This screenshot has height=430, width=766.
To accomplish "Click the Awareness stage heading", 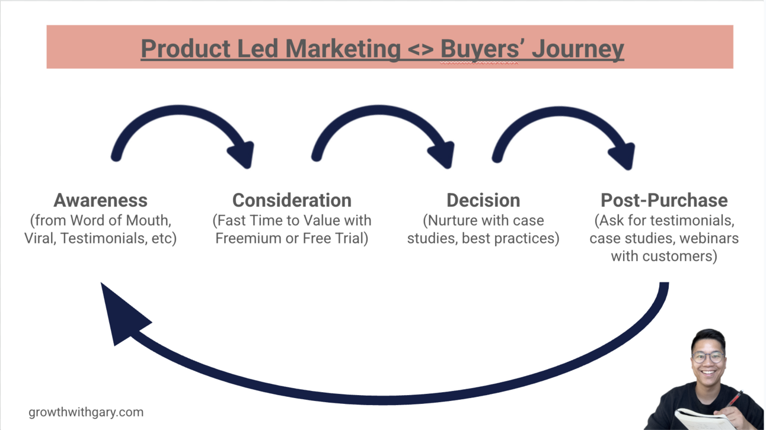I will (100, 200).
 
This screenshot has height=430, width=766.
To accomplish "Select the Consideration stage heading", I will (292, 200).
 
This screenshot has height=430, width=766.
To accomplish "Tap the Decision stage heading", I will (483, 200).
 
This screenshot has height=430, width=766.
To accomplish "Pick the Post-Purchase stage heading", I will (664, 200).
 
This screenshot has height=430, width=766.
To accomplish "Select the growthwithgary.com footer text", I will (86, 412).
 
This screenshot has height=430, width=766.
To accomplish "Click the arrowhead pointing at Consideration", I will (242, 154).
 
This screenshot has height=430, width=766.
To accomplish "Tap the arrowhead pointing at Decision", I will (443, 154).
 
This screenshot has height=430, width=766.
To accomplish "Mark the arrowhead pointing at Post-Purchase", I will (623, 155).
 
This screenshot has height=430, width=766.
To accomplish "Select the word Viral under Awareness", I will (40, 239).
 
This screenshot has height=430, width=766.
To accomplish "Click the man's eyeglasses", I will (707, 357).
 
